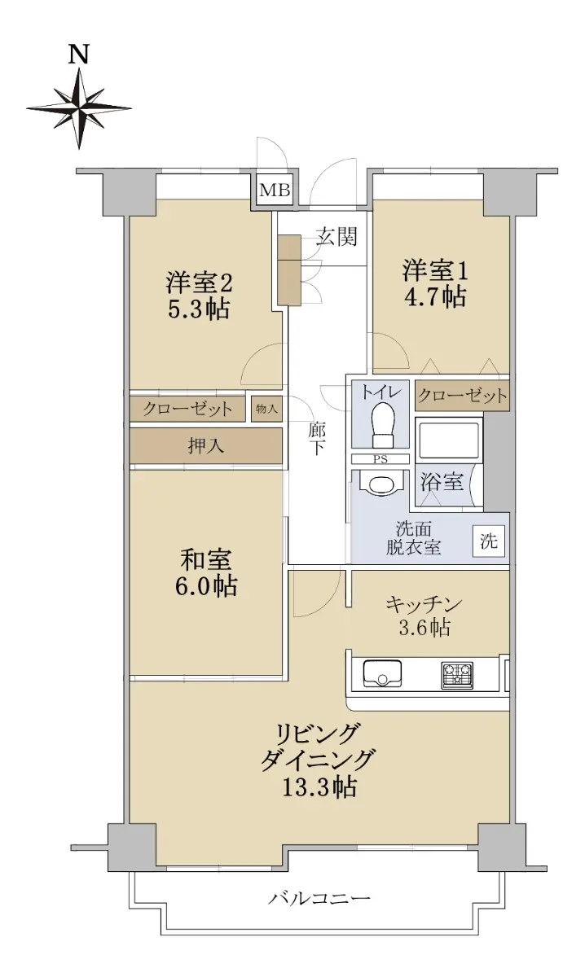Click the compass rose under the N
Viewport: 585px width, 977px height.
79,108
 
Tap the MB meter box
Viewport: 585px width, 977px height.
275,190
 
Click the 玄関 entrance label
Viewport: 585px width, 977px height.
336,237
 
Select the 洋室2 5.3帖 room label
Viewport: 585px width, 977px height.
198,295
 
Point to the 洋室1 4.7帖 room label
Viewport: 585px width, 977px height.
435,283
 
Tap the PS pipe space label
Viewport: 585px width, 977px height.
380,459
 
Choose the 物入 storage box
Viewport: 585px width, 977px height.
266,409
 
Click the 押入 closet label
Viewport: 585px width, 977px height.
205,445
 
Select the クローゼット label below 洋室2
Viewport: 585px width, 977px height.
187,409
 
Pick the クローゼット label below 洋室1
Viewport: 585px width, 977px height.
462,396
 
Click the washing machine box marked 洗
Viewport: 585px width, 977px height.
489,541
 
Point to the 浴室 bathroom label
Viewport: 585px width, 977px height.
442,481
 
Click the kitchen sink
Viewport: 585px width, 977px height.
382,673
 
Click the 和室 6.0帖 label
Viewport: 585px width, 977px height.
206,572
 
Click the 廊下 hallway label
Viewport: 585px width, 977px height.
317,439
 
